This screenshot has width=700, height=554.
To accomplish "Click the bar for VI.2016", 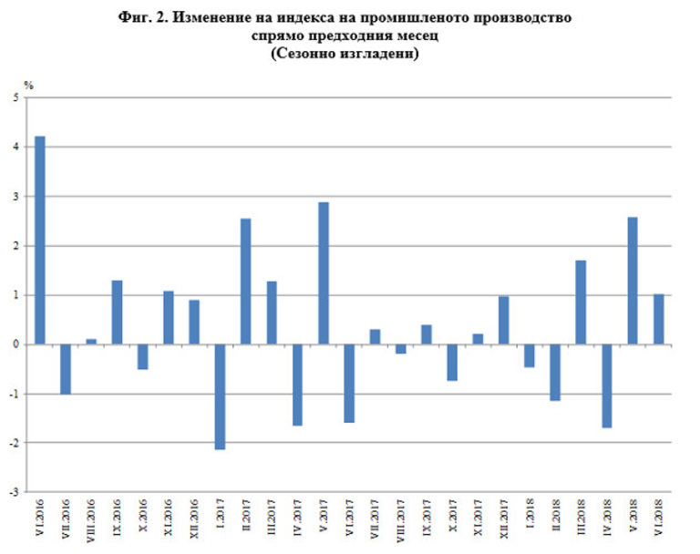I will tap(40, 241).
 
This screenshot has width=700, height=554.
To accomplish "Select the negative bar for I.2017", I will tap(220, 396).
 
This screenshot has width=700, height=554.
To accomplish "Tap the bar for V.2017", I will tap(323, 273).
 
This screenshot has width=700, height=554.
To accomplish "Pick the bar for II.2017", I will tap(245, 282).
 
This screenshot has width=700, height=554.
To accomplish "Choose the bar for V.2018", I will tap(632, 281).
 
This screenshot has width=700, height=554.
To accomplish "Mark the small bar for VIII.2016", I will tap(91, 342).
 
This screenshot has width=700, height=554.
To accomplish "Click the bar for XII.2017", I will tap(503, 320).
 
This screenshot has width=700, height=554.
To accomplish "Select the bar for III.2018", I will tap(581, 303).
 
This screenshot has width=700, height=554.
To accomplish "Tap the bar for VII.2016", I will tap(66, 369).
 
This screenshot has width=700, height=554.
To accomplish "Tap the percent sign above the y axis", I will tap(28, 85).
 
